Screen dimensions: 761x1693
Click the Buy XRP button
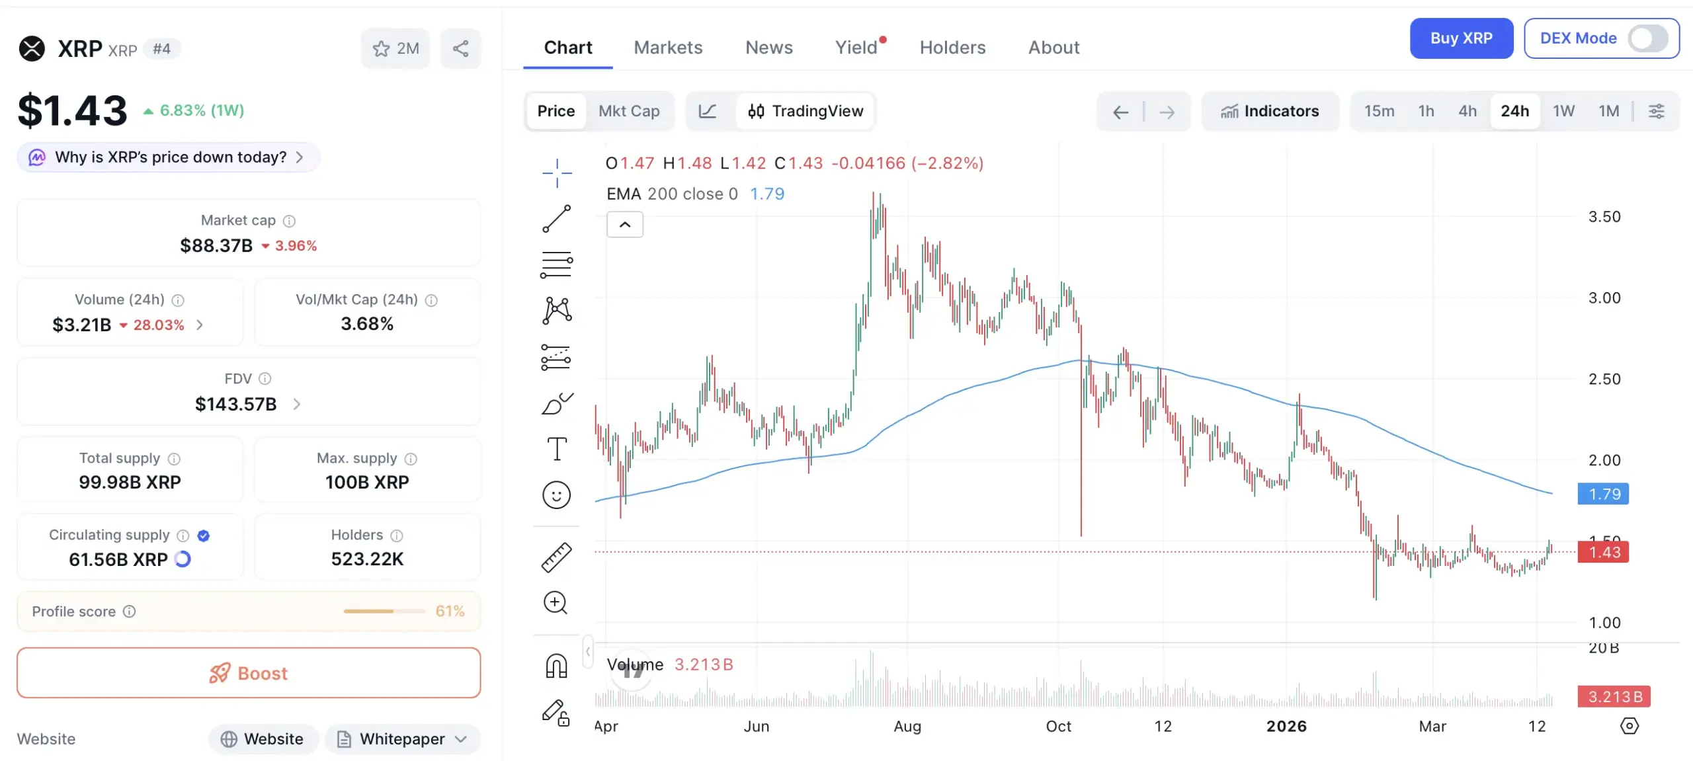point(1461,38)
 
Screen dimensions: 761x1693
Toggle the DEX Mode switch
point(1648,38)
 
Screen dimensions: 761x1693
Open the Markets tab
point(668,48)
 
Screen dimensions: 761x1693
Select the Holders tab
point(952,48)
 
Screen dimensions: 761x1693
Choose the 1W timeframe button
point(1563,111)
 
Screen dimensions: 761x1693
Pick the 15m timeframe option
point(1379,111)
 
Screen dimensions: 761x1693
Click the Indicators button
point(1270,111)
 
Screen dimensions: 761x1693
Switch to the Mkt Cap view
point(629,111)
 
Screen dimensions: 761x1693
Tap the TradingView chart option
point(805,111)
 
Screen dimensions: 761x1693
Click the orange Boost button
point(249,673)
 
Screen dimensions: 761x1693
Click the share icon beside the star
point(461,48)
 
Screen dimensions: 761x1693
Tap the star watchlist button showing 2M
point(395,48)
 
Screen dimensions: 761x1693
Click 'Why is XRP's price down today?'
point(170,157)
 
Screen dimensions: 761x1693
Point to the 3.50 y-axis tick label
point(1604,217)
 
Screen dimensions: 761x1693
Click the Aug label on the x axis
point(907,727)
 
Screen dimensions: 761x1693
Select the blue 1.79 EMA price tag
point(1604,494)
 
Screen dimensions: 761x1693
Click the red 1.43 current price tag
point(1604,552)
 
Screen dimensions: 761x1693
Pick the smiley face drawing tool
point(556,495)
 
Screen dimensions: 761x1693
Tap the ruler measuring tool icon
point(556,557)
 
